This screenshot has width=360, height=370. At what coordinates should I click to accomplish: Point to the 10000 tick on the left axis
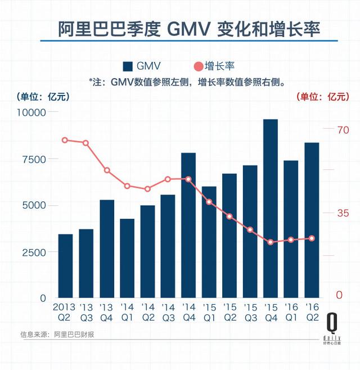(33, 112)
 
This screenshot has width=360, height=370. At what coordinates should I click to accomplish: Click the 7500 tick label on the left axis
(35, 159)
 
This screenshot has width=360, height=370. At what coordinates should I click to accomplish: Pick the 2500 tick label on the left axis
(35, 252)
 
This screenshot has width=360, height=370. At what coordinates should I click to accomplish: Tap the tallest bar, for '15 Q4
(271, 208)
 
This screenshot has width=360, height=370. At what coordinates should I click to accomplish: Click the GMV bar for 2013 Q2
(66, 265)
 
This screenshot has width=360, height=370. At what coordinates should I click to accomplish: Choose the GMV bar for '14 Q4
(188, 225)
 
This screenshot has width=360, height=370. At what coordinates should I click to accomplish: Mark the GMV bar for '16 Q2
(312, 220)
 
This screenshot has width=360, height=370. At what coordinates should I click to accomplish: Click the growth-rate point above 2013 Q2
(65, 140)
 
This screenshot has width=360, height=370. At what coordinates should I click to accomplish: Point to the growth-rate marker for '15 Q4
(271, 242)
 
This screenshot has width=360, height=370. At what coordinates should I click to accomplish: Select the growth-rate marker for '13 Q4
(107, 170)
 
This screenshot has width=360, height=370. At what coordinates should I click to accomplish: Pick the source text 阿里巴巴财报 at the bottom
(74, 335)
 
